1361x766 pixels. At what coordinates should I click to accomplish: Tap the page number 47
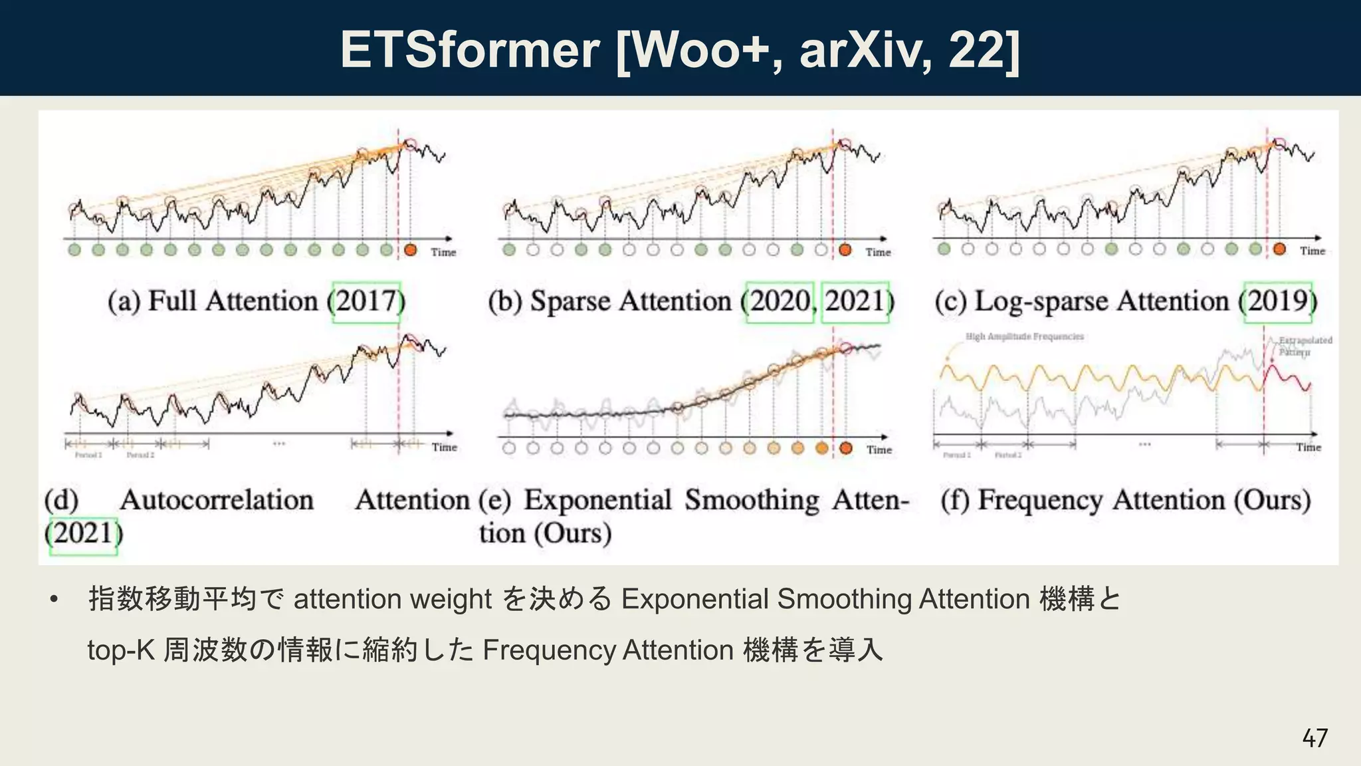1314,738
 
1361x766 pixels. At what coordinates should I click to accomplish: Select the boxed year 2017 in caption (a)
367,302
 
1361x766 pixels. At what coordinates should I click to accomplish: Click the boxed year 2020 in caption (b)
780,302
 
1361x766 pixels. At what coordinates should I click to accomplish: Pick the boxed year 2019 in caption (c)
1278,302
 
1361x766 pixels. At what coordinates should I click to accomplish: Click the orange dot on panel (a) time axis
410,250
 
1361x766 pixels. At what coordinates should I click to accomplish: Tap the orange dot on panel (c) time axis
1279,249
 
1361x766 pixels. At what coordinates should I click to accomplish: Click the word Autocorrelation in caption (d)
217,500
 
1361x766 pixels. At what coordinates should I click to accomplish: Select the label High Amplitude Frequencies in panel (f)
1024,336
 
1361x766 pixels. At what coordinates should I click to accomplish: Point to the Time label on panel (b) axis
878,253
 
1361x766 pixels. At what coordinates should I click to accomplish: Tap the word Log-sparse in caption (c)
1040,302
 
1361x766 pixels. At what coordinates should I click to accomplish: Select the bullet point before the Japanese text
54,600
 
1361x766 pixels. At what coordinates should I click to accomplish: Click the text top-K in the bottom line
121,650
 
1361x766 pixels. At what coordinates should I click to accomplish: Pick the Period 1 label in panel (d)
88,455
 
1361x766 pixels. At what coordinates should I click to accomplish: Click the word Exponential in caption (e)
597,500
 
